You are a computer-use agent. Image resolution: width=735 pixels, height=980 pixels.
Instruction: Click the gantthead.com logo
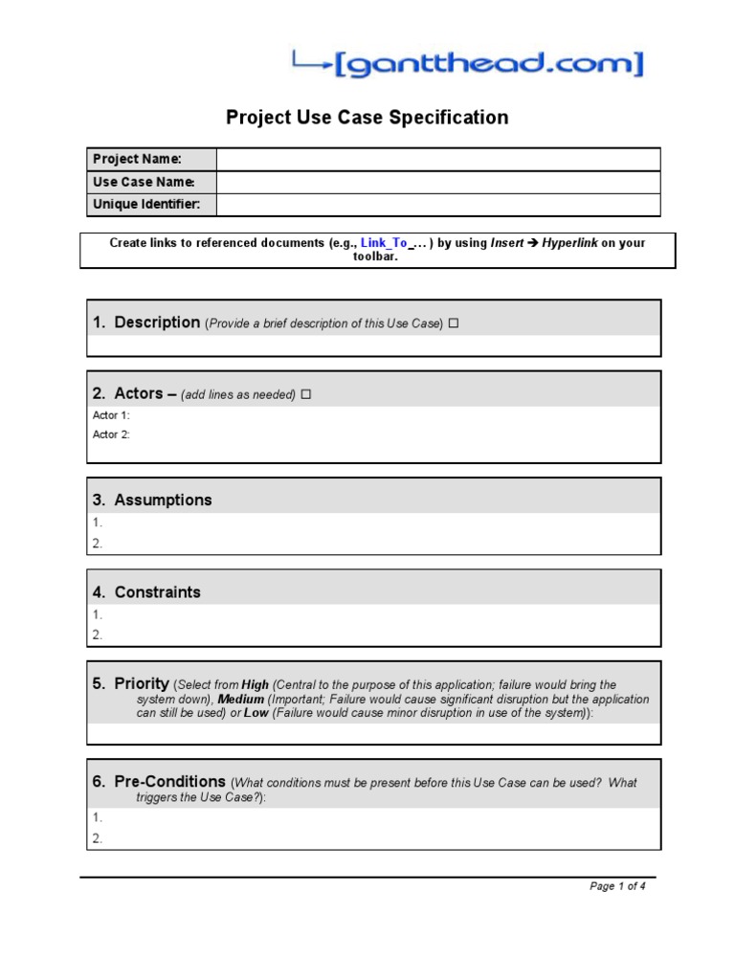tap(468, 64)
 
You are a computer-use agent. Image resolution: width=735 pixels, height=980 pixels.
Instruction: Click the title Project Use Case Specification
tap(367, 118)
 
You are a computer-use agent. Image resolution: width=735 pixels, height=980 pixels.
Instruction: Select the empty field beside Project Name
tap(437, 159)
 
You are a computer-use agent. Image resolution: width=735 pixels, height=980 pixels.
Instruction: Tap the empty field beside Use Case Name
tap(437, 182)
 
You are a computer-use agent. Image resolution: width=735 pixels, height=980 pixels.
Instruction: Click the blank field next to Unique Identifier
tap(437, 205)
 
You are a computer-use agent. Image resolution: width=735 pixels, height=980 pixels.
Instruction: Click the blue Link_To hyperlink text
tap(384, 243)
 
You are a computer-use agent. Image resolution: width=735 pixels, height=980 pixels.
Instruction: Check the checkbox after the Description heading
tap(454, 323)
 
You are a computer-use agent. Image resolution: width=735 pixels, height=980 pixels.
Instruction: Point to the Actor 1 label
tap(111, 415)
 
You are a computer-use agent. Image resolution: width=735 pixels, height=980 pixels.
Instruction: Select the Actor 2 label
tap(111, 434)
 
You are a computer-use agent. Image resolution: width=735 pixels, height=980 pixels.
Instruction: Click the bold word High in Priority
tap(256, 685)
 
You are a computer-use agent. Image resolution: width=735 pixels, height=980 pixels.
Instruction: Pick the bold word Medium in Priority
tap(241, 700)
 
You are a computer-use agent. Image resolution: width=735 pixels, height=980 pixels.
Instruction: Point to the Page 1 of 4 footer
tap(617, 886)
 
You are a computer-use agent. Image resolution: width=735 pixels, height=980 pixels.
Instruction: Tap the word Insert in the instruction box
tap(506, 243)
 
